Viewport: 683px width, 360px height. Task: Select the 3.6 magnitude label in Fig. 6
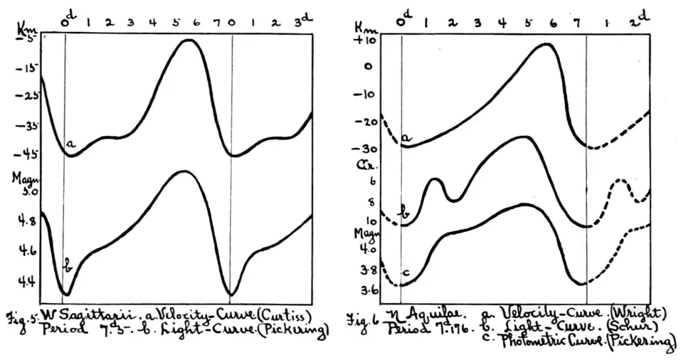[369, 290]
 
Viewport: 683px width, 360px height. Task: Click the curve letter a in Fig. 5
[70, 144]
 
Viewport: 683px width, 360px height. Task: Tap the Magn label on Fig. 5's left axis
[21, 177]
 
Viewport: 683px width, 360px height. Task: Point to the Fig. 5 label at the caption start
[20, 317]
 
